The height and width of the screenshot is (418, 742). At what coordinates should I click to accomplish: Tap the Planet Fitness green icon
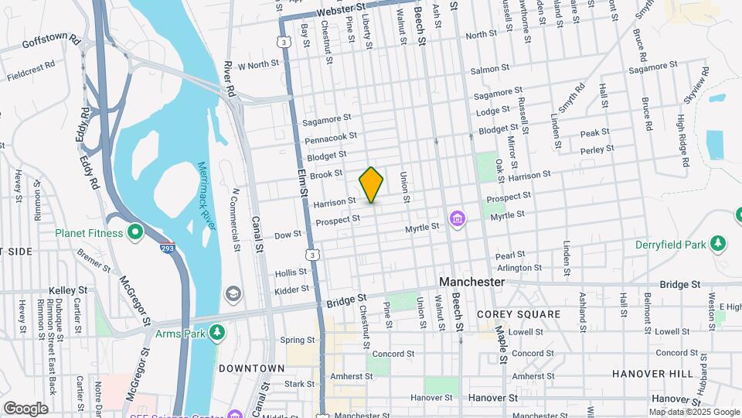[135, 231]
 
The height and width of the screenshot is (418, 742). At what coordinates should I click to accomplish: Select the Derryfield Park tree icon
[719, 244]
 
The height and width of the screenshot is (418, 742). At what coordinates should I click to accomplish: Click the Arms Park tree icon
[218, 333]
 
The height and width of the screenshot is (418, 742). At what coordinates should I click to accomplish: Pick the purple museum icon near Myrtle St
[457, 219]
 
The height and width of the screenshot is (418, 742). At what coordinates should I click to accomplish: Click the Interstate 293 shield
[166, 248]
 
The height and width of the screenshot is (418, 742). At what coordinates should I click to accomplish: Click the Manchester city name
[471, 283]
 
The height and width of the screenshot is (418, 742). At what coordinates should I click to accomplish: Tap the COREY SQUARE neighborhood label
[519, 314]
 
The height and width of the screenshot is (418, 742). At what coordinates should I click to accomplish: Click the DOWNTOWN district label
[247, 368]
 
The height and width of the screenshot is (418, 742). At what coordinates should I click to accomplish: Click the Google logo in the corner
[26, 408]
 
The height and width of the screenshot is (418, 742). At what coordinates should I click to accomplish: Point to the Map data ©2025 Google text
[693, 412]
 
